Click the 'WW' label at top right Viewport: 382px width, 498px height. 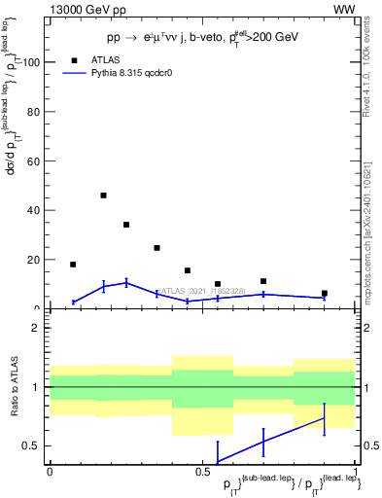(344, 9)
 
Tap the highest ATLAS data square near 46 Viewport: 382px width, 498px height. (103, 196)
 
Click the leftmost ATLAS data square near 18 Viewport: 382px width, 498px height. (73, 265)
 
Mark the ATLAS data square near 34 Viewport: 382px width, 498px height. (126, 225)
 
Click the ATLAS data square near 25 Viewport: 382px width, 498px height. (156, 248)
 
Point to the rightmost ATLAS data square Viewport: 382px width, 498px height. (325, 293)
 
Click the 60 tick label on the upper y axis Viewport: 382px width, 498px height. (33, 160)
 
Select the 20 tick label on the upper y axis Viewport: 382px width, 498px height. (33, 260)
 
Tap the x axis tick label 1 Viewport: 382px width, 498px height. (356, 471)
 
